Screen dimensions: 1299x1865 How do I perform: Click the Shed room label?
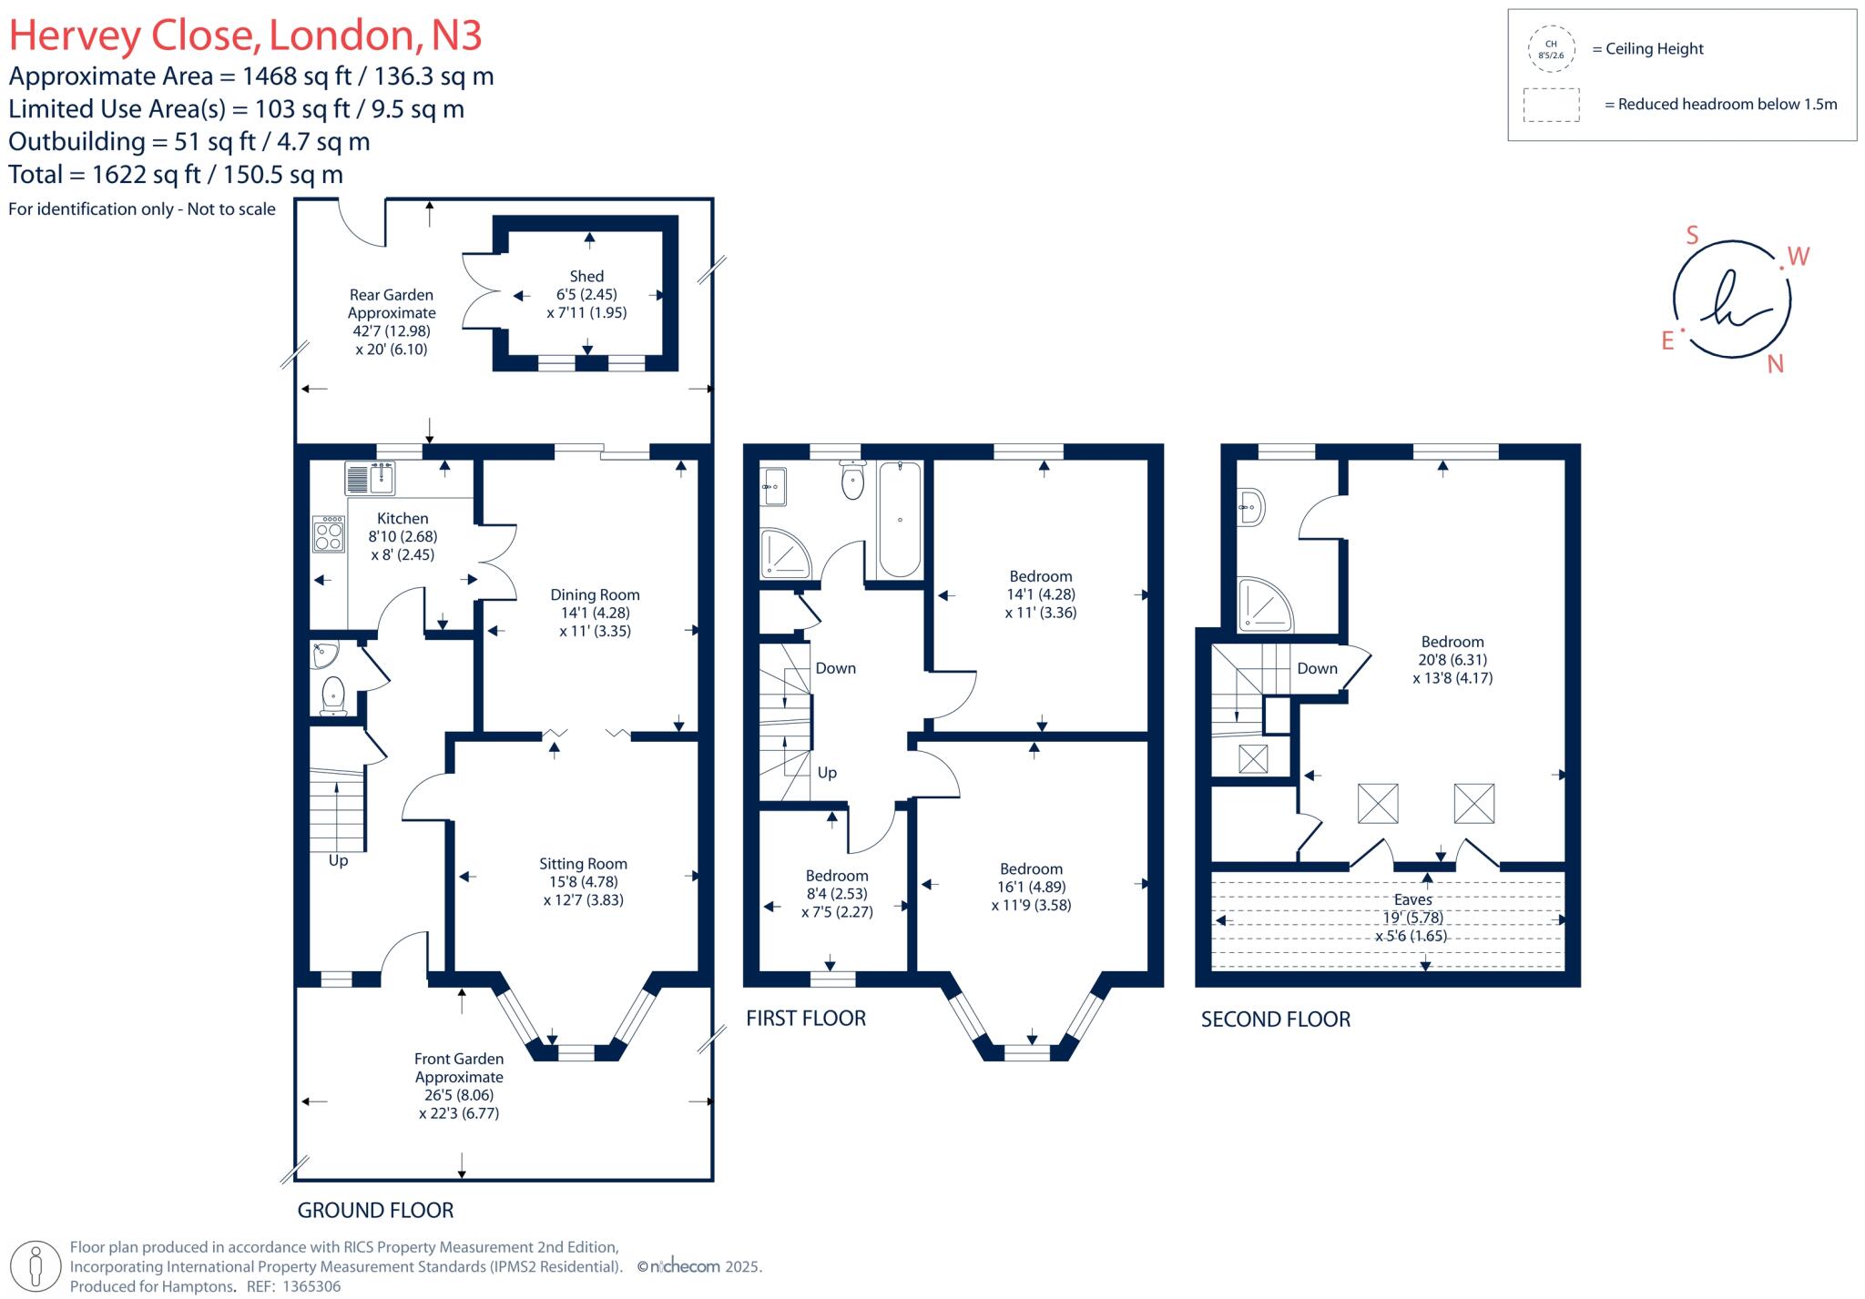(x=586, y=277)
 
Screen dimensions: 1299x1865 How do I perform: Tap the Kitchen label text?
(x=403, y=519)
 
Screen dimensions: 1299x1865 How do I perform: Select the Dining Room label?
(x=595, y=595)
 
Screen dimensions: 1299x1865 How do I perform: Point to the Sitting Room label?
(x=583, y=864)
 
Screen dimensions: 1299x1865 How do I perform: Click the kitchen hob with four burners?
(x=329, y=534)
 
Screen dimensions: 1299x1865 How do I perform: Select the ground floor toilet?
(x=334, y=695)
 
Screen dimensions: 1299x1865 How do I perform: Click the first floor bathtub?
(x=900, y=519)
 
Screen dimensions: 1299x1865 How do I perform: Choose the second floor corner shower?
(x=1264, y=604)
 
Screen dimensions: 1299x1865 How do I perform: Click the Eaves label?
(x=1412, y=899)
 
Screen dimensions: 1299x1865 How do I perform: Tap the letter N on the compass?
(x=1775, y=365)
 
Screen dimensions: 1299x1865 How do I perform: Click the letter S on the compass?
(x=1692, y=236)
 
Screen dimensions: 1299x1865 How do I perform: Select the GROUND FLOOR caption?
(x=375, y=1211)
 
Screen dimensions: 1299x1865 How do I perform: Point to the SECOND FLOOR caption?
(x=1275, y=1020)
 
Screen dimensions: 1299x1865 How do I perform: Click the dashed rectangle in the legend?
(x=1551, y=105)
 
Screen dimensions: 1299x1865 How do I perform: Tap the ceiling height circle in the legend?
(x=1551, y=49)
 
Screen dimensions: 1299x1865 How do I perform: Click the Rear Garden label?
(x=392, y=295)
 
